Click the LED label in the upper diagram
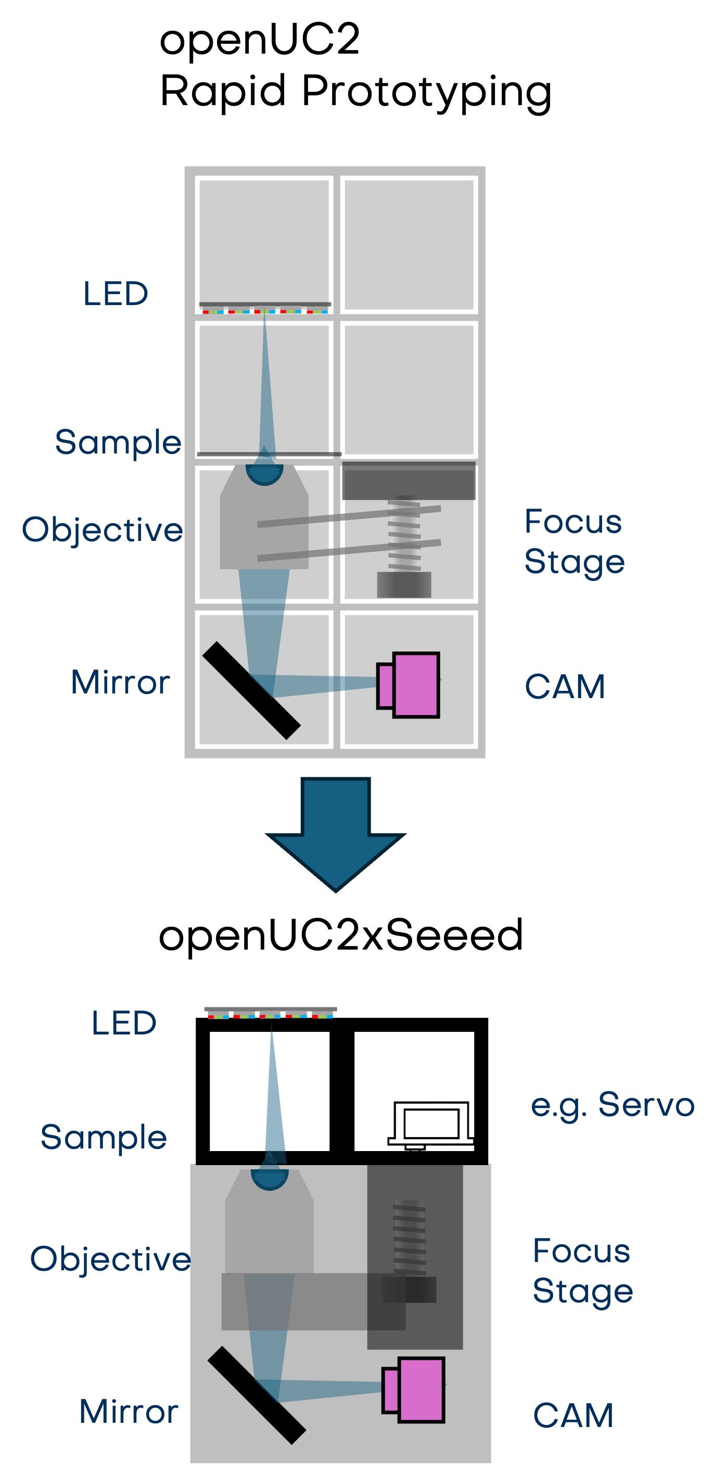pyautogui.click(x=116, y=294)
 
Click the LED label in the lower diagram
pyautogui.click(x=124, y=1023)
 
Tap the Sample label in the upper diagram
pyautogui.click(x=118, y=443)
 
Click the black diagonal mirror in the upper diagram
pyautogui.click(x=251, y=690)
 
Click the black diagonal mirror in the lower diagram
pyautogui.click(x=257, y=1395)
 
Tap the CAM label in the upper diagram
pyautogui.click(x=565, y=687)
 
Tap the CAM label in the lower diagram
pyautogui.click(x=573, y=1416)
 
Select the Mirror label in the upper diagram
pyautogui.click(x=120, y=682)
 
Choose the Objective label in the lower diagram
pyautogui.click(x=110, y=1260)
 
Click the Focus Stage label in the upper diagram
pyautogui.click(x=574, y=541)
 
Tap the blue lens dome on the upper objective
pyautogui.click(x=264, y=473)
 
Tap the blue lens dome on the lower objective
pyautogui.click(x=270, y=1178)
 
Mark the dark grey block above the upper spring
pyautogui.click(x=408, y=481)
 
